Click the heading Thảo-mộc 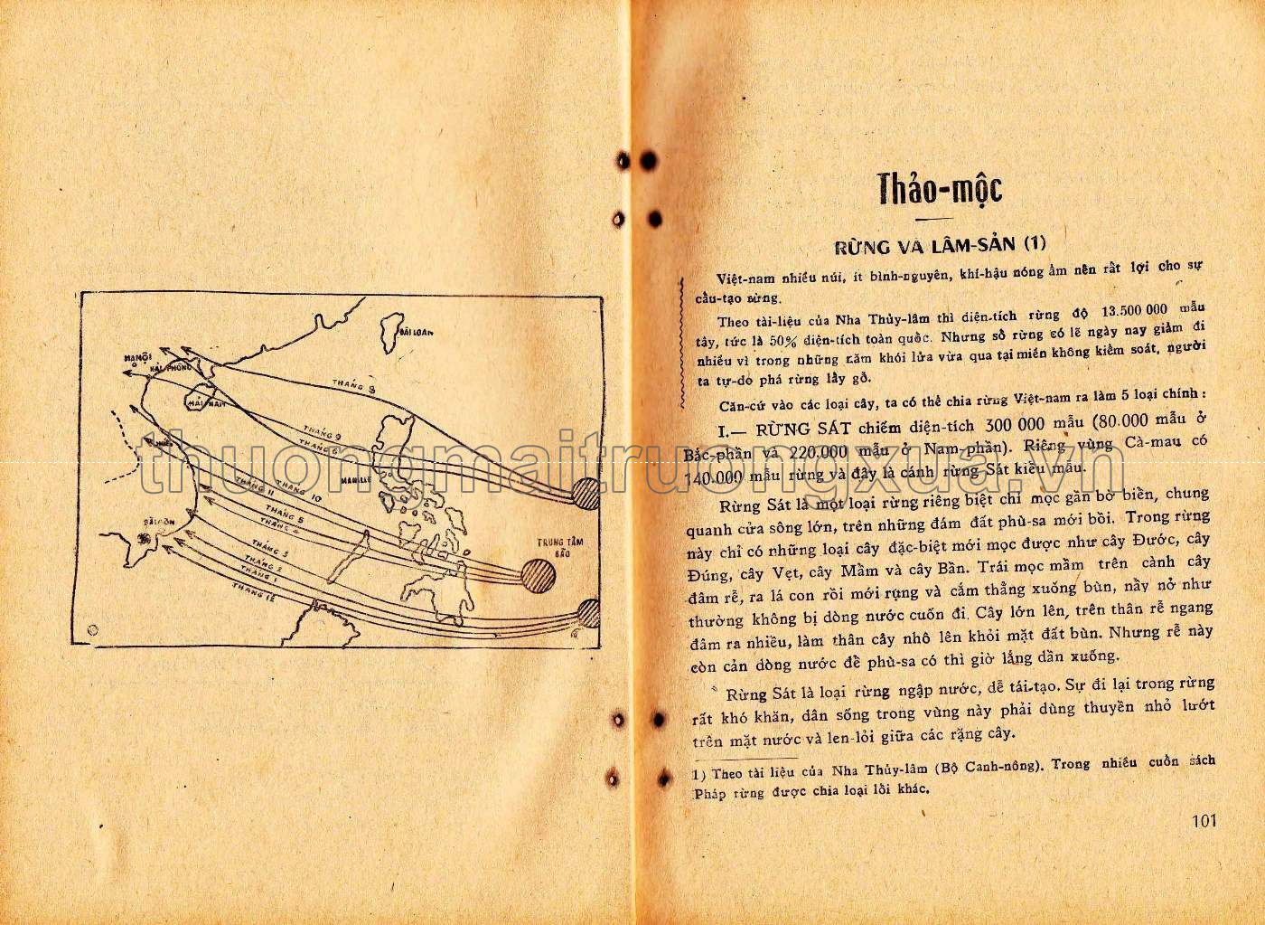point(940,191)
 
